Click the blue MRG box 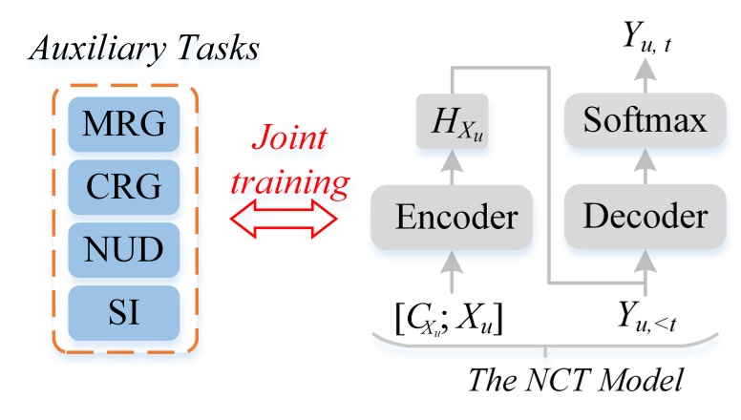pos(125,123)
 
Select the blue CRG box pos(125,186)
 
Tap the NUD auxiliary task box pos(125,248)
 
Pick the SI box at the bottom pos(125,310)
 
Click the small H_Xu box pos(455,121)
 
